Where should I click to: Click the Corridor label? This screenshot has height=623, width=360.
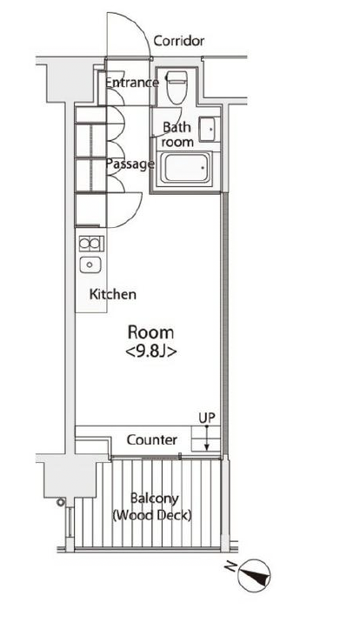click(x=178, y=41)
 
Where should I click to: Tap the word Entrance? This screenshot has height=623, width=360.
click(x=132, y=83)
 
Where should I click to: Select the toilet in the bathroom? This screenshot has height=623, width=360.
click(x=177, y=87)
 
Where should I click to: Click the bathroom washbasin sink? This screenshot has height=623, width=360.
click(x=209, y=129)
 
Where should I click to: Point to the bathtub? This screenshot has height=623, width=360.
click(x=186, y=168)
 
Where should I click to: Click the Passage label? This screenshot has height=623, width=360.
click(x=130, y=164)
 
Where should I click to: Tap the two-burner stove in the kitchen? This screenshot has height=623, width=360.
click(x=91, y=244)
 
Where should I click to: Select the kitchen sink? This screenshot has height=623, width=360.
click(x=90, y=265)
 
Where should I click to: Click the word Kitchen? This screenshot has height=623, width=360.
click(x=113, y=294)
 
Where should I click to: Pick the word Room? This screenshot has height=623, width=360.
click(x=150, y=332)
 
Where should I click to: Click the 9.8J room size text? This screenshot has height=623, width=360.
click(x=150, y=352)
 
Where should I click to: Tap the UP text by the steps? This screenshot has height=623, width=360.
click(x=207, y=418)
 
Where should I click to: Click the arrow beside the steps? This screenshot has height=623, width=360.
click(x=206, y=439)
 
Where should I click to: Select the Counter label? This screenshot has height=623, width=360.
click(x=151, y=439)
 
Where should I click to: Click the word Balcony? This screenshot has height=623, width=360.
click(x=155, y=499)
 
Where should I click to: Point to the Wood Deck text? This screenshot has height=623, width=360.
click(x=152, y=516)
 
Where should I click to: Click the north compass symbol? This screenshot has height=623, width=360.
click(x=255, y=575)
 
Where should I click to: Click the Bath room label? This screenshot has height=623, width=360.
click(x=177, y=135)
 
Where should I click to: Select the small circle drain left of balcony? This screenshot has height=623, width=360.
click(x=60, y=502)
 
